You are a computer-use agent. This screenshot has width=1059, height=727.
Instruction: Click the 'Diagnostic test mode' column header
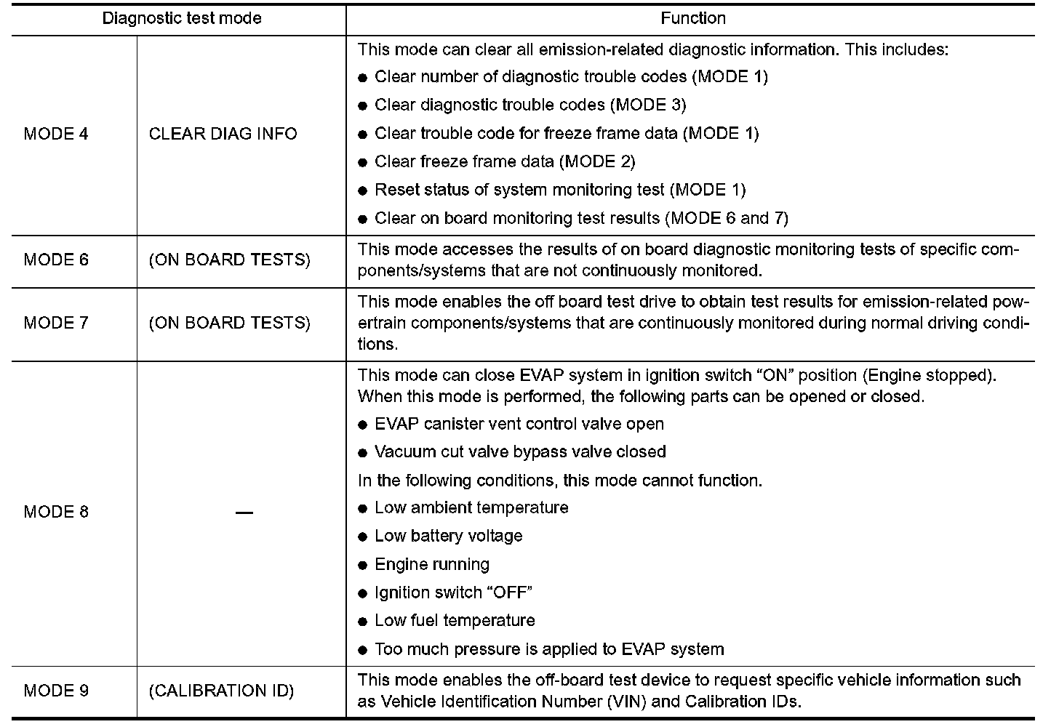pos(181,18)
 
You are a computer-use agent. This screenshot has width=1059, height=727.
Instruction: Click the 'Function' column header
pos(692,18)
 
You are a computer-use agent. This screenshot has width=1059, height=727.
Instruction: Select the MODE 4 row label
pos(56,134)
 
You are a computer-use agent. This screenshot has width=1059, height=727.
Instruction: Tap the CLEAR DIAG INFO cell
pos(223,134)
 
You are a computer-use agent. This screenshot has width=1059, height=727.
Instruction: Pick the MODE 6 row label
pos(56,260)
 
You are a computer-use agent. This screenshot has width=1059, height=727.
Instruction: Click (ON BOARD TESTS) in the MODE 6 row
pos(229,260)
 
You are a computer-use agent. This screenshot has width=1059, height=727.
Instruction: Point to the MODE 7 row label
pos(56,323)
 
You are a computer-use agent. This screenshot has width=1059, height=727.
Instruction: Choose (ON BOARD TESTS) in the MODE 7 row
pos(229,323)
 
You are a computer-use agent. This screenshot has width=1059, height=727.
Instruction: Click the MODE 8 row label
pos(56,512)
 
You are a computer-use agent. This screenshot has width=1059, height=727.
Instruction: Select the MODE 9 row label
pos(56,691)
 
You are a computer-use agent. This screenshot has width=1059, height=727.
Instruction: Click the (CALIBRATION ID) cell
pos(221,691)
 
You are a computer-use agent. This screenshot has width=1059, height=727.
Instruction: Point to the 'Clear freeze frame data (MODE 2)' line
pos(505,161)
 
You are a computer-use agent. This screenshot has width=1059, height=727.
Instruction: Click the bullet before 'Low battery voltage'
pos(363,537)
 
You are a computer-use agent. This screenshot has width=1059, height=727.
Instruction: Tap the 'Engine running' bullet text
pos(432,564)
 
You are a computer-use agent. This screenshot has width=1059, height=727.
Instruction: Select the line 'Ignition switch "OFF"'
pos(453,593)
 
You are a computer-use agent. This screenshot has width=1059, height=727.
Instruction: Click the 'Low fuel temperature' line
pos(455,621)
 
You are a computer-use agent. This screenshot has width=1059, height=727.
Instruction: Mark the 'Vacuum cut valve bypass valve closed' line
pos(520,452)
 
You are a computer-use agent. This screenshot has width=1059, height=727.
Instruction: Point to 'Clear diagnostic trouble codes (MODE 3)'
pos(529,105)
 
